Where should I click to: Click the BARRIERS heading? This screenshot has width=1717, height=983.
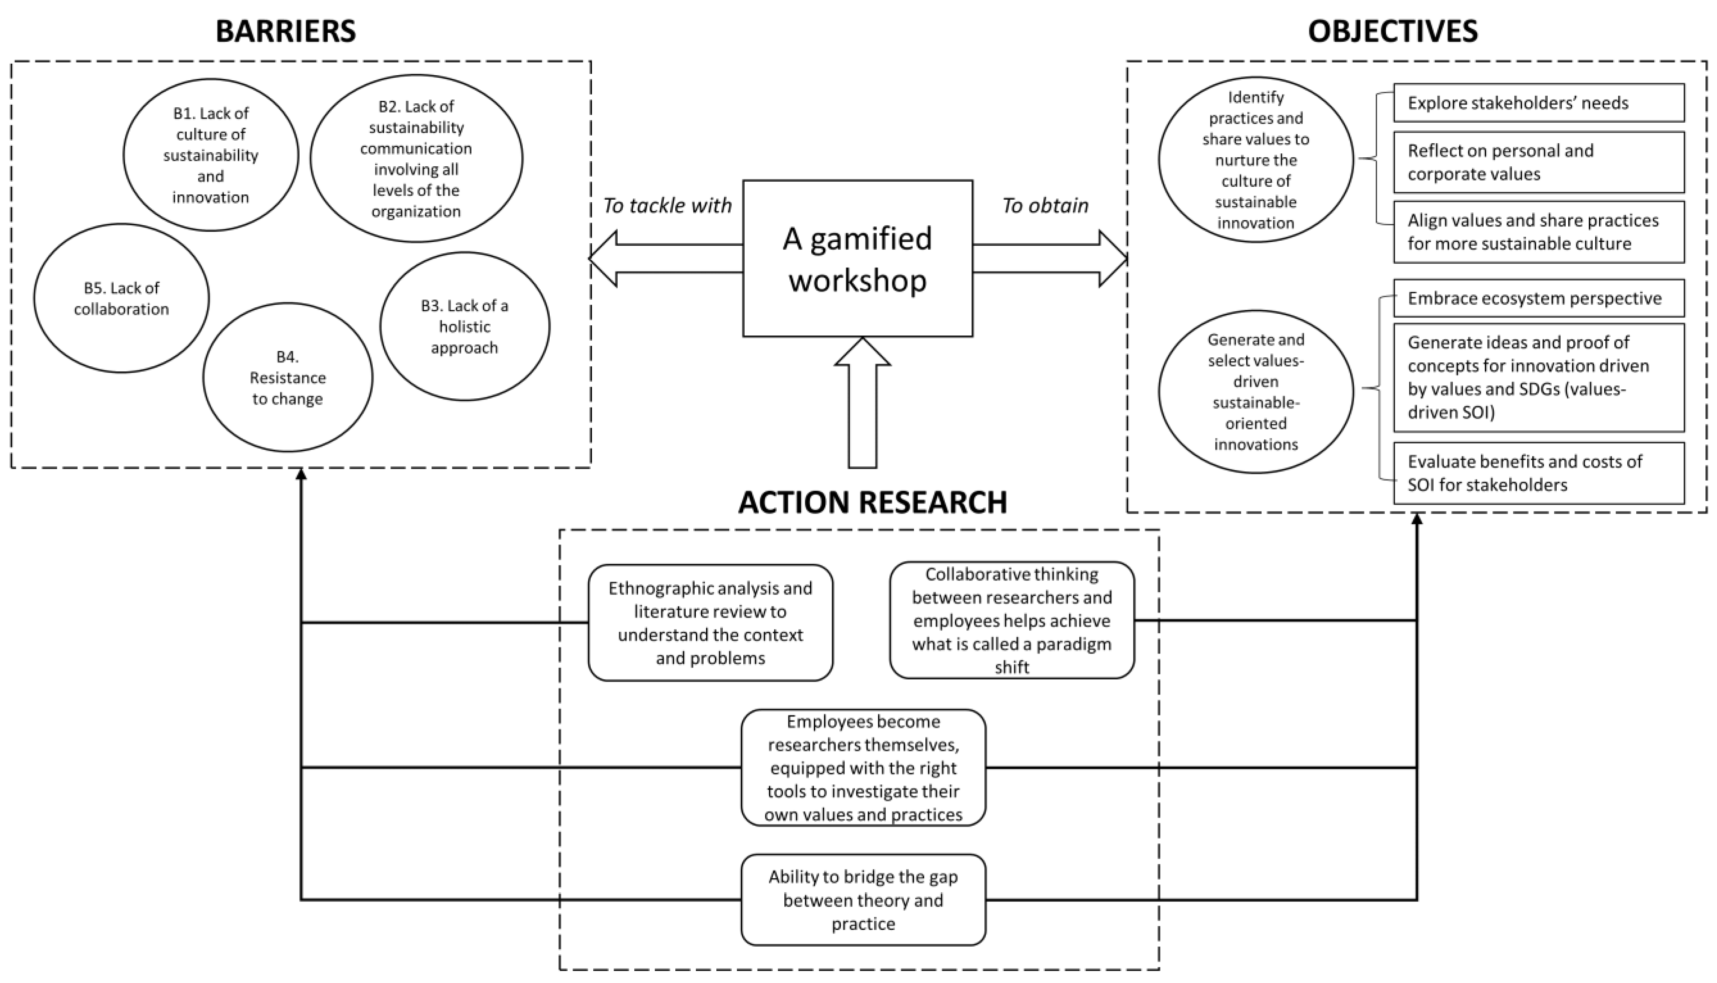[x=285, y=31]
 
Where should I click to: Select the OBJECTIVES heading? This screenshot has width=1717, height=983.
[x=1392, y=31]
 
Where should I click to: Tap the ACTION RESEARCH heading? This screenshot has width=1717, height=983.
[x=872, y=502]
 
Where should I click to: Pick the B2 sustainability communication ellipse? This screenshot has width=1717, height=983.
[x=416, y=159]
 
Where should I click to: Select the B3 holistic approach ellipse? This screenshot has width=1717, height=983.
[x=465, y=327]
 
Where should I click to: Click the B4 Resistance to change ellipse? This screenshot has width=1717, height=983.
[x=288, y=377]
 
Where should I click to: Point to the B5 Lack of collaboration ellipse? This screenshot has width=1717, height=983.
[x=121, y=298]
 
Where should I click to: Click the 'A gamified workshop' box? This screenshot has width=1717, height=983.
[x=857, y=259]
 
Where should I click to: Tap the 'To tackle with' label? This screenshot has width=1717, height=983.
[x=667, y=205]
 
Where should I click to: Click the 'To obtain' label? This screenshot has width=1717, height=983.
[x=1045, y=205]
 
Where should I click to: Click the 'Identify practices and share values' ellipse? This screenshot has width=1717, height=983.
[x=1256, y=160]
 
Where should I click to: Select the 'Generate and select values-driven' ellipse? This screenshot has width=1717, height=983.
[x=1256, y=391]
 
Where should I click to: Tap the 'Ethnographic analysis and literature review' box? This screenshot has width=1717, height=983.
[x=710, y=622]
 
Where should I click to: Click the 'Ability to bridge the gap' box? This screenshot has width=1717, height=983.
[x=863, y=900]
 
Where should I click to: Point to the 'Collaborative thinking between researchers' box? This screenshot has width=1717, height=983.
[x=1011, y=620]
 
